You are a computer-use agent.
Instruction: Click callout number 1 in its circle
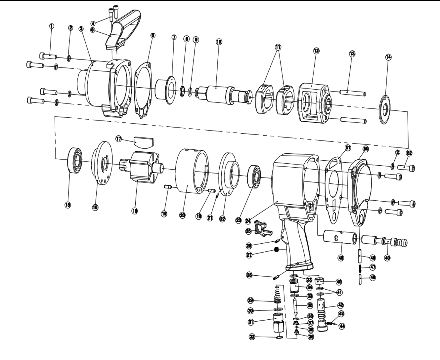(x=51, y=26)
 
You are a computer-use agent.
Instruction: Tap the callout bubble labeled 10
(x=219, y=42)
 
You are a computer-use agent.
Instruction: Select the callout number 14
(x=388, y=57)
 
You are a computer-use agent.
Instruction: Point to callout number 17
(x=118, y=139)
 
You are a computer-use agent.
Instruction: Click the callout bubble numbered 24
(x=249, y=220)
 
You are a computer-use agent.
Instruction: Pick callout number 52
(x=409, y=153)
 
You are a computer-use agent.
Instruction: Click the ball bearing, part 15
(x=77, y=160)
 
